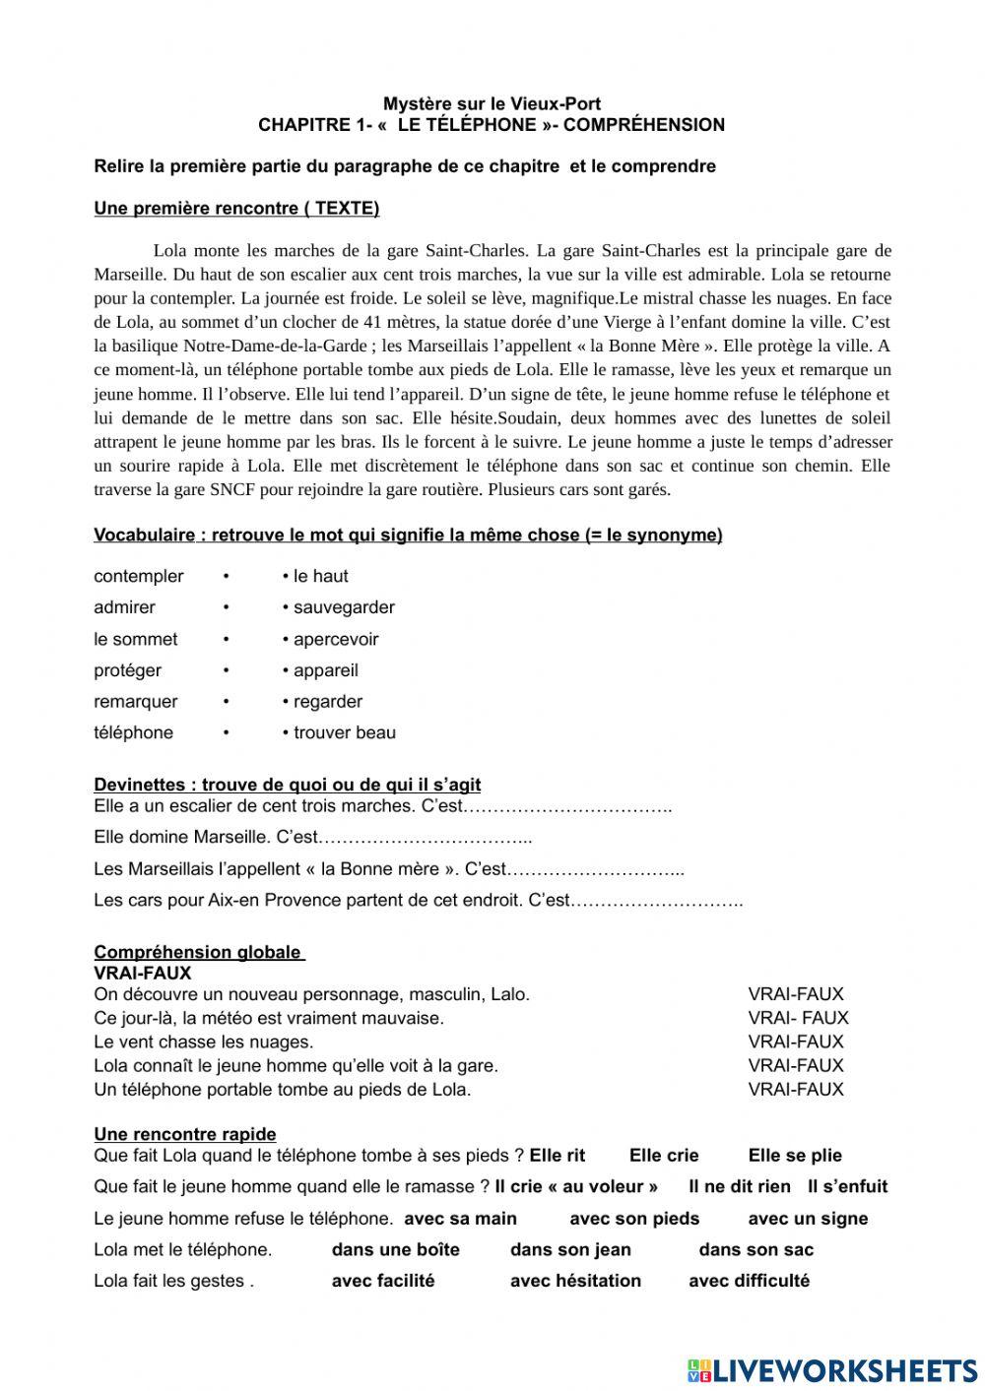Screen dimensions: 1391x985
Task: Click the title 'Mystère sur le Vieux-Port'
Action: pyautogui.click(x=492, y=103)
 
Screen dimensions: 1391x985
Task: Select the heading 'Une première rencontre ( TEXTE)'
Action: pyautogui.click(x=236, y=208)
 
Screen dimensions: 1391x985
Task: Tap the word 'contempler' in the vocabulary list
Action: pyautogui.click(x=139, y=576)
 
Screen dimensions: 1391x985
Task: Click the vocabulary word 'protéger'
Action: pyautogui.click(x=128, y=670)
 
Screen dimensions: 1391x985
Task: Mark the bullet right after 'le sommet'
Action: pyautogui.click(x=226, y=639)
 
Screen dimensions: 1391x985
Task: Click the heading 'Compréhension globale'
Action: pyautogui.click(x=198, y=952)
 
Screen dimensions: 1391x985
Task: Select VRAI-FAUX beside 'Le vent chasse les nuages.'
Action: pyautogui.click(x=796, y=1042)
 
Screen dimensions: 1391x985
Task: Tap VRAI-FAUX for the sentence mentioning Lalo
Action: pyautogui.click(x=796, y=994)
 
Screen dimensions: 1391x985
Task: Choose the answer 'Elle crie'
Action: pyautogui.click(x=664, y=1156)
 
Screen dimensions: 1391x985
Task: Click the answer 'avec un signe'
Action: pyautogui.click(x=808, y=1219)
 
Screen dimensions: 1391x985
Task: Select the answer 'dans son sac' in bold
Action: pyautogui.click(x=756, y=1249)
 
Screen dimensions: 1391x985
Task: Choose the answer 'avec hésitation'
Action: pyautogui.click(x=575, y=1281)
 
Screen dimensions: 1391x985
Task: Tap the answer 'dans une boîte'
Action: pyautogui.click(x=396, y=1249)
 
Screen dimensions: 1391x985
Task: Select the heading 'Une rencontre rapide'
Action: pyautogui.click(x=185, y=1134)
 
